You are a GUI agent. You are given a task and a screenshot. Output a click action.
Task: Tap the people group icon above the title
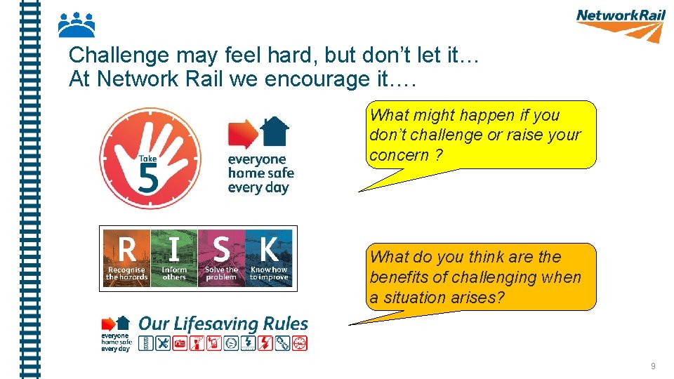[76, 25]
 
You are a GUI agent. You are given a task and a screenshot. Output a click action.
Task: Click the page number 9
[653, 366]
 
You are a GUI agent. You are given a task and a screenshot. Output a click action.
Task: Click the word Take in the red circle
[147, 159]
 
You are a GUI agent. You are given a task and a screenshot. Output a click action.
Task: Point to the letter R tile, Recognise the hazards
[126, 258]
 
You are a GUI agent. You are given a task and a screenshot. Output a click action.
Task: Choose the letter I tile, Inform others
[174, 258]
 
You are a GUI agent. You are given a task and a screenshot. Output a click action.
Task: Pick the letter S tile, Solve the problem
[221, 258]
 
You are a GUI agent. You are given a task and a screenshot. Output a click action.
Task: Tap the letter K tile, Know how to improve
[269, 258]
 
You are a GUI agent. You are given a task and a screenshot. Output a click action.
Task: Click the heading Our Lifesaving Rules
[223, 324]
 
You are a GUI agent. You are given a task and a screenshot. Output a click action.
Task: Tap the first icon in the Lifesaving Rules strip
[145, 343]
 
